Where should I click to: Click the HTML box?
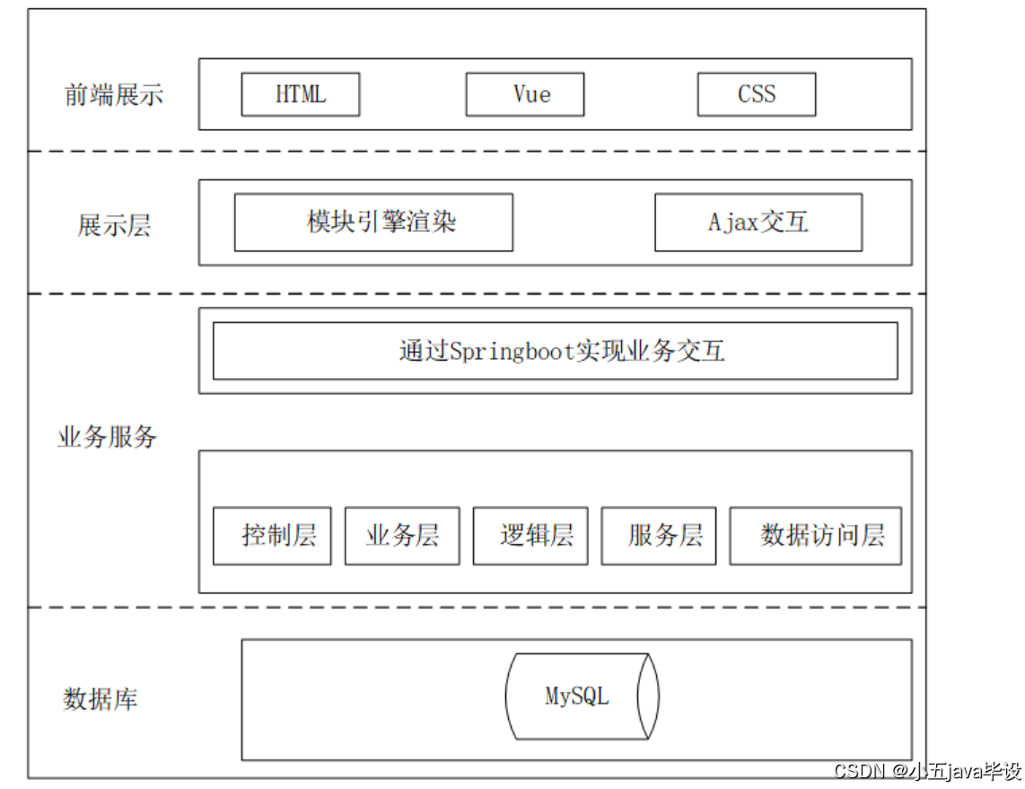click(x=300, y=94)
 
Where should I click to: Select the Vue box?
click(x=525, y=94)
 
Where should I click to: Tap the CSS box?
click(x=757, y=94)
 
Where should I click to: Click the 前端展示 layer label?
click(x=114, y=95)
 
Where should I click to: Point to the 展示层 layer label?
click(x=114, y=225)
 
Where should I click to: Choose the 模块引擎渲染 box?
click(x=373, y=222)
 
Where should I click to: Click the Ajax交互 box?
click(x=758, y=222)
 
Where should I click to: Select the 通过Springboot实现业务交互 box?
click(x=555, y=351)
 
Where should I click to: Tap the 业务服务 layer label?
click(x=107, y=437)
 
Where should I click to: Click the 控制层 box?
click(x=272, y=536)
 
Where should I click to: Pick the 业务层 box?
click(x=402, y=536)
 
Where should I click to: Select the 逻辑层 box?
click(x=530, y=536)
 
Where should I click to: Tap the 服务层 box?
click(x=659, y=536)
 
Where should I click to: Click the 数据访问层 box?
click(x=816, y=536)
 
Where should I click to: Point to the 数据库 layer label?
click(x=101, y=699)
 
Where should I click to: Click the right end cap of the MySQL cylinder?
click(x=649, y=696)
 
